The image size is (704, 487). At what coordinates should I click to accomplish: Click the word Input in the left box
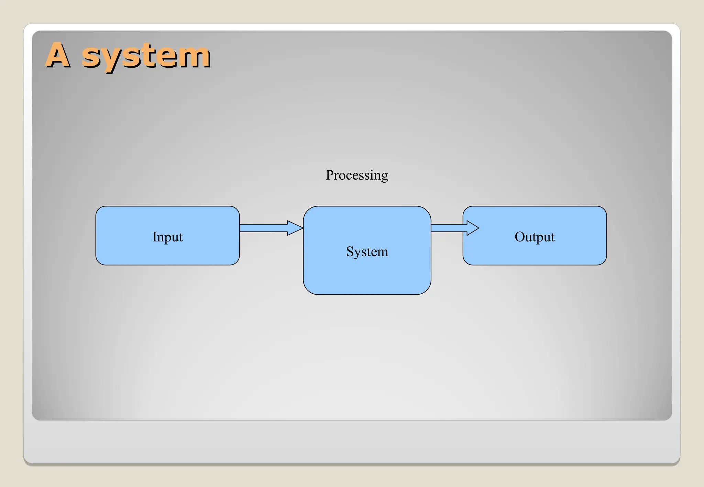click(167, 237)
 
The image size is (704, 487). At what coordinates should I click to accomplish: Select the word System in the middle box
click(367, 252)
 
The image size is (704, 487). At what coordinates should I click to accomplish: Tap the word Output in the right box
click(535, 237)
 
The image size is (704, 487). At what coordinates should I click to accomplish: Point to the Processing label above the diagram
click(357, 175)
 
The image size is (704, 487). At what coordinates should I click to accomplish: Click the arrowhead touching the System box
click(295, 228)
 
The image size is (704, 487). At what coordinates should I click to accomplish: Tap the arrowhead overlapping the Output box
click(473, 228)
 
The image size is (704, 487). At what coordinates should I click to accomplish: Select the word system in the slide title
click(146, 56)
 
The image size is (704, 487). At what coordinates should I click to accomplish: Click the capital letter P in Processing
click(330, 175)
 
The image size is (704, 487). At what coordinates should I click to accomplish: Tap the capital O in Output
click(519, 237)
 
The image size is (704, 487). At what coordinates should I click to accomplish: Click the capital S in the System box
click(350, 251)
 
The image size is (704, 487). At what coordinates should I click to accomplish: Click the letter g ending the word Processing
click(385, 177)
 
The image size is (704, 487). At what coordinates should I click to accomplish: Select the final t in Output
click(552, 237)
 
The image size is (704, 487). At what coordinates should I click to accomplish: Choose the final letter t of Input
click(181, 237)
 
